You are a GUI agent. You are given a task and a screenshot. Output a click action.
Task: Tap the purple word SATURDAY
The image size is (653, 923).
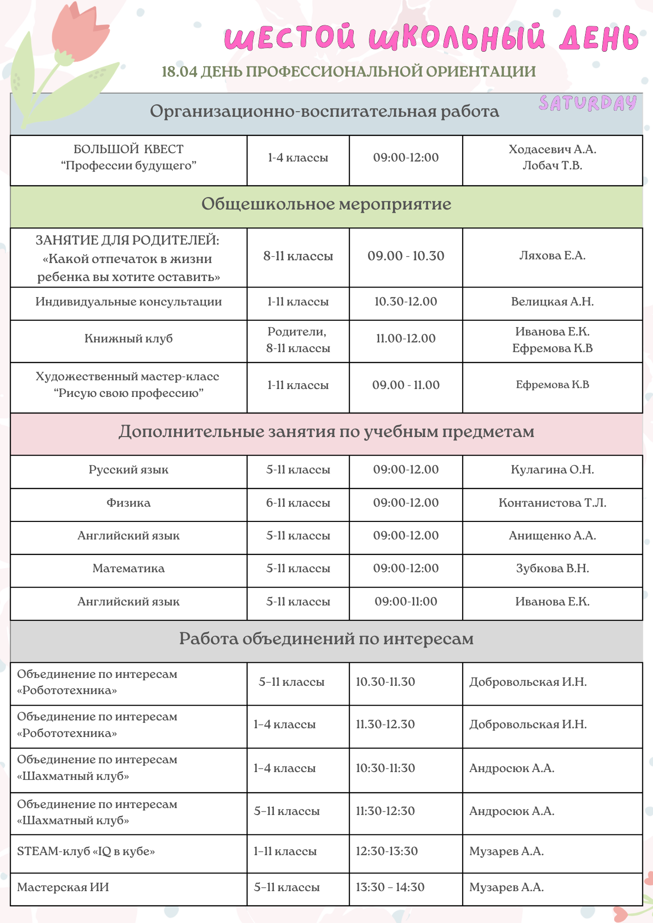587,103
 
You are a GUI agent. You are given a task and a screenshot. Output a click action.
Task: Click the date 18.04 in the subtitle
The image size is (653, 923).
180,72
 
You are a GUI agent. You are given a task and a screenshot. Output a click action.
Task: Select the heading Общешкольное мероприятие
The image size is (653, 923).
326,204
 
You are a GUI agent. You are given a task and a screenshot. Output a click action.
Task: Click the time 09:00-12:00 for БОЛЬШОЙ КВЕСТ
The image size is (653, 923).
405,158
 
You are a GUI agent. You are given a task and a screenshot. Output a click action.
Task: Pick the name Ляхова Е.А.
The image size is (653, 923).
552,256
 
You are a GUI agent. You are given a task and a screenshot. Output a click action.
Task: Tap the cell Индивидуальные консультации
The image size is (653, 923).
128,302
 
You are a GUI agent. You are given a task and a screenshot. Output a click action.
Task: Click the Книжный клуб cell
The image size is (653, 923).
128,339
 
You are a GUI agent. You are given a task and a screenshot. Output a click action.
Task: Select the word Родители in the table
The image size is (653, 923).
297,332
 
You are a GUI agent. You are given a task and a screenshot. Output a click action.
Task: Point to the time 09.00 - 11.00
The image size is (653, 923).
405,385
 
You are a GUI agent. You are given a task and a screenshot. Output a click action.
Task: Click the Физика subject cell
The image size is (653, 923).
128,503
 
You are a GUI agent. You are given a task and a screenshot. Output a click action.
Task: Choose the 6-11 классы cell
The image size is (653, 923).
298,503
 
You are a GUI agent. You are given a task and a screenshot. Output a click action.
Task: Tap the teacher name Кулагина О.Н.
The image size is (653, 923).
552,470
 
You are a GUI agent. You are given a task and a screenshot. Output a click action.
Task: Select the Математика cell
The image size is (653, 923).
128,569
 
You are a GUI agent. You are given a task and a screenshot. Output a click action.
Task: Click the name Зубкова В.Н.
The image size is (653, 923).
552,569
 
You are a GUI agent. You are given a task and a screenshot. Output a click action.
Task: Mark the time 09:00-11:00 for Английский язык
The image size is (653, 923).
405,602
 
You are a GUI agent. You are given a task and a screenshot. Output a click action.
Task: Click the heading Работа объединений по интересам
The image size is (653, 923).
326,639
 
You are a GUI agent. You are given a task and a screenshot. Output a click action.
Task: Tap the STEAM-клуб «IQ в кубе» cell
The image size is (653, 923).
86,851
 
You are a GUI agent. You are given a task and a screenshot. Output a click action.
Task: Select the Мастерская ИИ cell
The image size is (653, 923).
63,887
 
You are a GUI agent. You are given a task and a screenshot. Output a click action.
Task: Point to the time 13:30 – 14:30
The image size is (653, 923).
390,887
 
